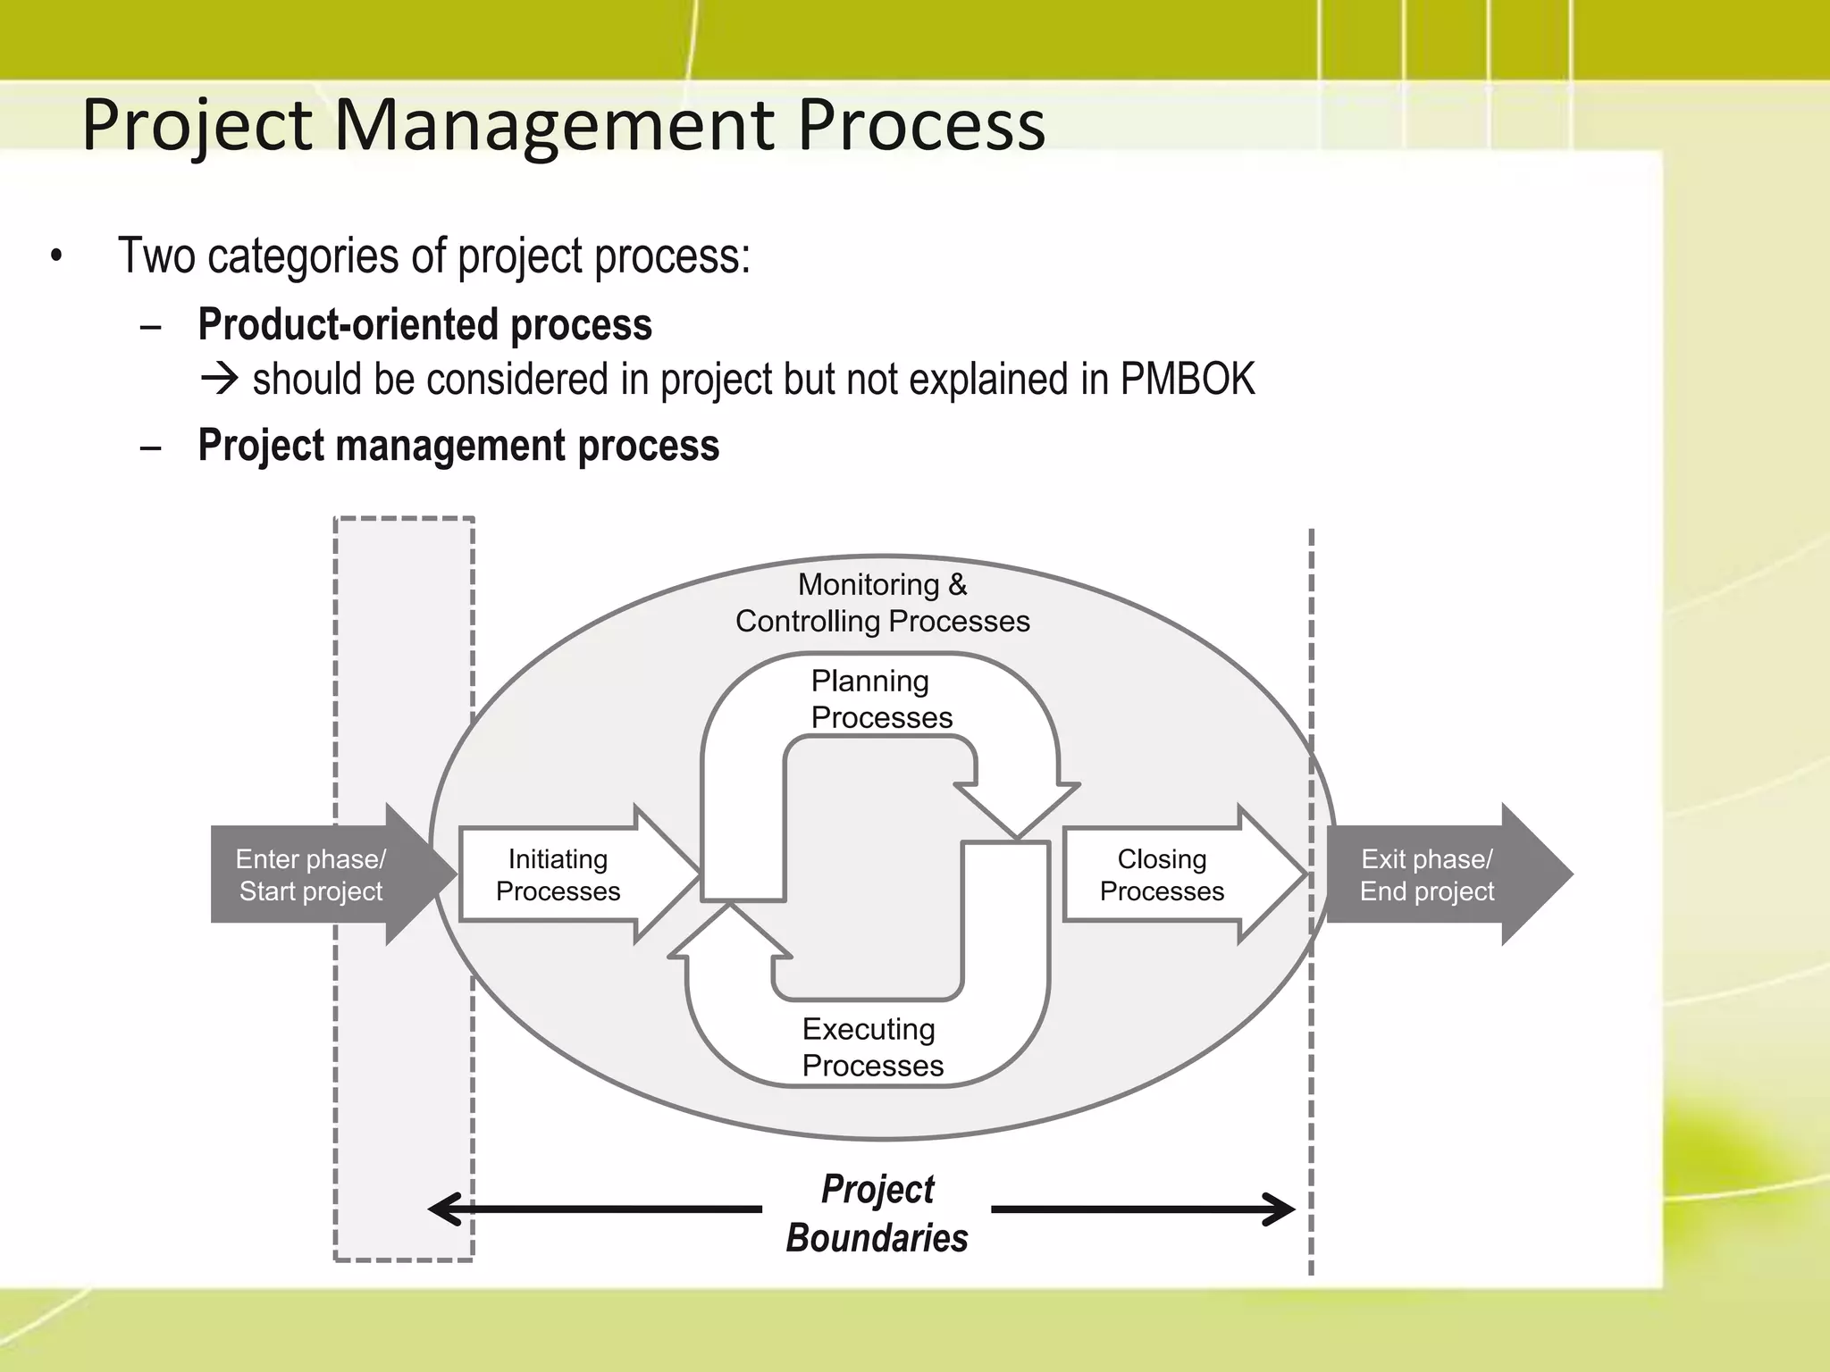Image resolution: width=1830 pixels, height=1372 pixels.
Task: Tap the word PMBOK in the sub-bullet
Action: pos(1187,379)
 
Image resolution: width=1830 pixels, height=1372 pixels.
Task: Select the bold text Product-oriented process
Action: pos(424,324)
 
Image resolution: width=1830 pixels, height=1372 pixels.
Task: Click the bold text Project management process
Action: pos(457,445)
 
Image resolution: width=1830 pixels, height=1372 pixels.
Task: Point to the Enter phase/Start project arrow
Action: pos(313,874)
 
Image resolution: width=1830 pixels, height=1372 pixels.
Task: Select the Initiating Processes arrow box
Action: pos(559,874)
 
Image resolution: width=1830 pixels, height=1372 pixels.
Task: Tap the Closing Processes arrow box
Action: pos(1162,874)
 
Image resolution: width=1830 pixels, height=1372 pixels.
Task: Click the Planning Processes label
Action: pos(880,699)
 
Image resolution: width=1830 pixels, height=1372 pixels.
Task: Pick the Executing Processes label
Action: pos(871,1047)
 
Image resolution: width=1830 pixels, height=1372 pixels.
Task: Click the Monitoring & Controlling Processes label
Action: pos(882,603)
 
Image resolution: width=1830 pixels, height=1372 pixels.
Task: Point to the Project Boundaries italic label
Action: pos(877,1213)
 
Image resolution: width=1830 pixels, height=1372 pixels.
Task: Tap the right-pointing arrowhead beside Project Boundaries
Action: pos(1280,1209)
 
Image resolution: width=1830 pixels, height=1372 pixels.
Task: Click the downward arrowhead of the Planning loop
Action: pos(1017,808)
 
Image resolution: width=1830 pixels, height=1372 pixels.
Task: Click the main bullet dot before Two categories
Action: pos(57,256)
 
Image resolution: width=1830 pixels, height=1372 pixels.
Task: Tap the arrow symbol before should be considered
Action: pos(219,380)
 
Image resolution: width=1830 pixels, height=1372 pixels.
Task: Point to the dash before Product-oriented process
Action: pos(151,326)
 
